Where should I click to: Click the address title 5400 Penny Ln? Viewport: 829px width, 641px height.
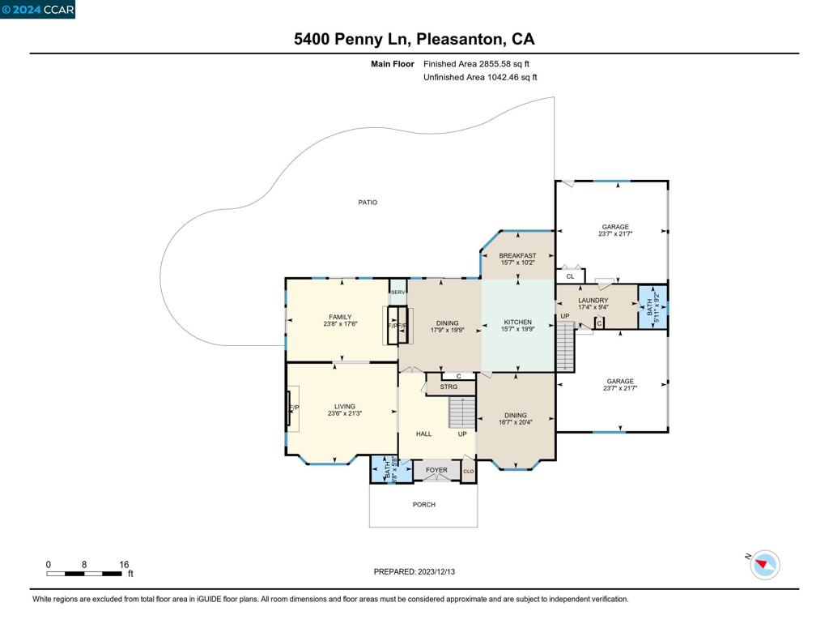(x=414, y=39)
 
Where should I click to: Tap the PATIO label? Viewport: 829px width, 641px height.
(x=368, y=203)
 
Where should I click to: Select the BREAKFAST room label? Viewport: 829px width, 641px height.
(x=517, y=256)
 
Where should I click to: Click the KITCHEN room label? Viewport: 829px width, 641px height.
(x=517, y=322)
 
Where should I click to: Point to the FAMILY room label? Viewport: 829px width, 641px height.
(x=340, y=317)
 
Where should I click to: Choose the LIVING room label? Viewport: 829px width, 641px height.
(x=345, y=407)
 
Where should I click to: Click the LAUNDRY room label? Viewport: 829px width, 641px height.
(x=593, y=301)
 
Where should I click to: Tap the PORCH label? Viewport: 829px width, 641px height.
(x=423, y=505)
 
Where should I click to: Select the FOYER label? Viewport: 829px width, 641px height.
(x=436, y=470)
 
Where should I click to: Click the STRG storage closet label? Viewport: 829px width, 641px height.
(x=449, y=387)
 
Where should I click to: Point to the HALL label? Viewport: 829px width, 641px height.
(x=423, y=434)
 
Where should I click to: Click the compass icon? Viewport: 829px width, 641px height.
(x=764, y=565)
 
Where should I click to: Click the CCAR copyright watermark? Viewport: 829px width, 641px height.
(x=37, y=10)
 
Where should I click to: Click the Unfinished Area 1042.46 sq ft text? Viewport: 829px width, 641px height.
(x=480, y=78)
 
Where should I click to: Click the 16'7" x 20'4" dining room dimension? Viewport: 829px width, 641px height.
(x=516, y=422)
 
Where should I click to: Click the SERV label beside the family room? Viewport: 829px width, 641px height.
(x=397, y=292)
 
